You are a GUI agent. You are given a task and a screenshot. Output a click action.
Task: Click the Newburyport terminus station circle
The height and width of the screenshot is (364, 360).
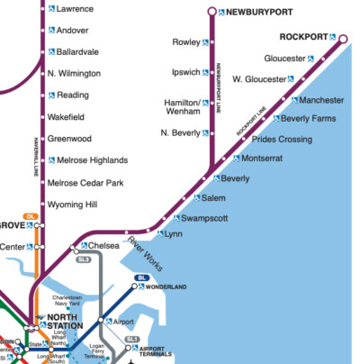tap(211, 12)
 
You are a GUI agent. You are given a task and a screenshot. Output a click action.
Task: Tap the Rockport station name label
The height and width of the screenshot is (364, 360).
tap(303, 37)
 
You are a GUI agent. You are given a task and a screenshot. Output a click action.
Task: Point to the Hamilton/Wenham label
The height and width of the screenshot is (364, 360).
tap(182, 107)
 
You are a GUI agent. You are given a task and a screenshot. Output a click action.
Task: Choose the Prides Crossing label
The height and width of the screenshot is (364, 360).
tap(282, 140)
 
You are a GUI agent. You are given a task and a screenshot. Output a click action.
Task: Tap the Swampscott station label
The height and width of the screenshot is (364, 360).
tap(204, 218)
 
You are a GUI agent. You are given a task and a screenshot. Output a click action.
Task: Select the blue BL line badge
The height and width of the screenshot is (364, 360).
tap(141, 278)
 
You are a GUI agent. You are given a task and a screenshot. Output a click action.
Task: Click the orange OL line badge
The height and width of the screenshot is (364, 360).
tap(30, 216)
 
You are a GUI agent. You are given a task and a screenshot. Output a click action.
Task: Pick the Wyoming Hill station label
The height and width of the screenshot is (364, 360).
tap(72, 205)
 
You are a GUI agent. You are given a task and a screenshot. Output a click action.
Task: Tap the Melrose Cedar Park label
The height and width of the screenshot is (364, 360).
tap(85, 183)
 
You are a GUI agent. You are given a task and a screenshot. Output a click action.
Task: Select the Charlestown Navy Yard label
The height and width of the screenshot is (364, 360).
tap(67, 303)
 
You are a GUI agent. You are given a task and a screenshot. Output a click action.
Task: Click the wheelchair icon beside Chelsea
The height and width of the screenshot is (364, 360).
tap(84, 245)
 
